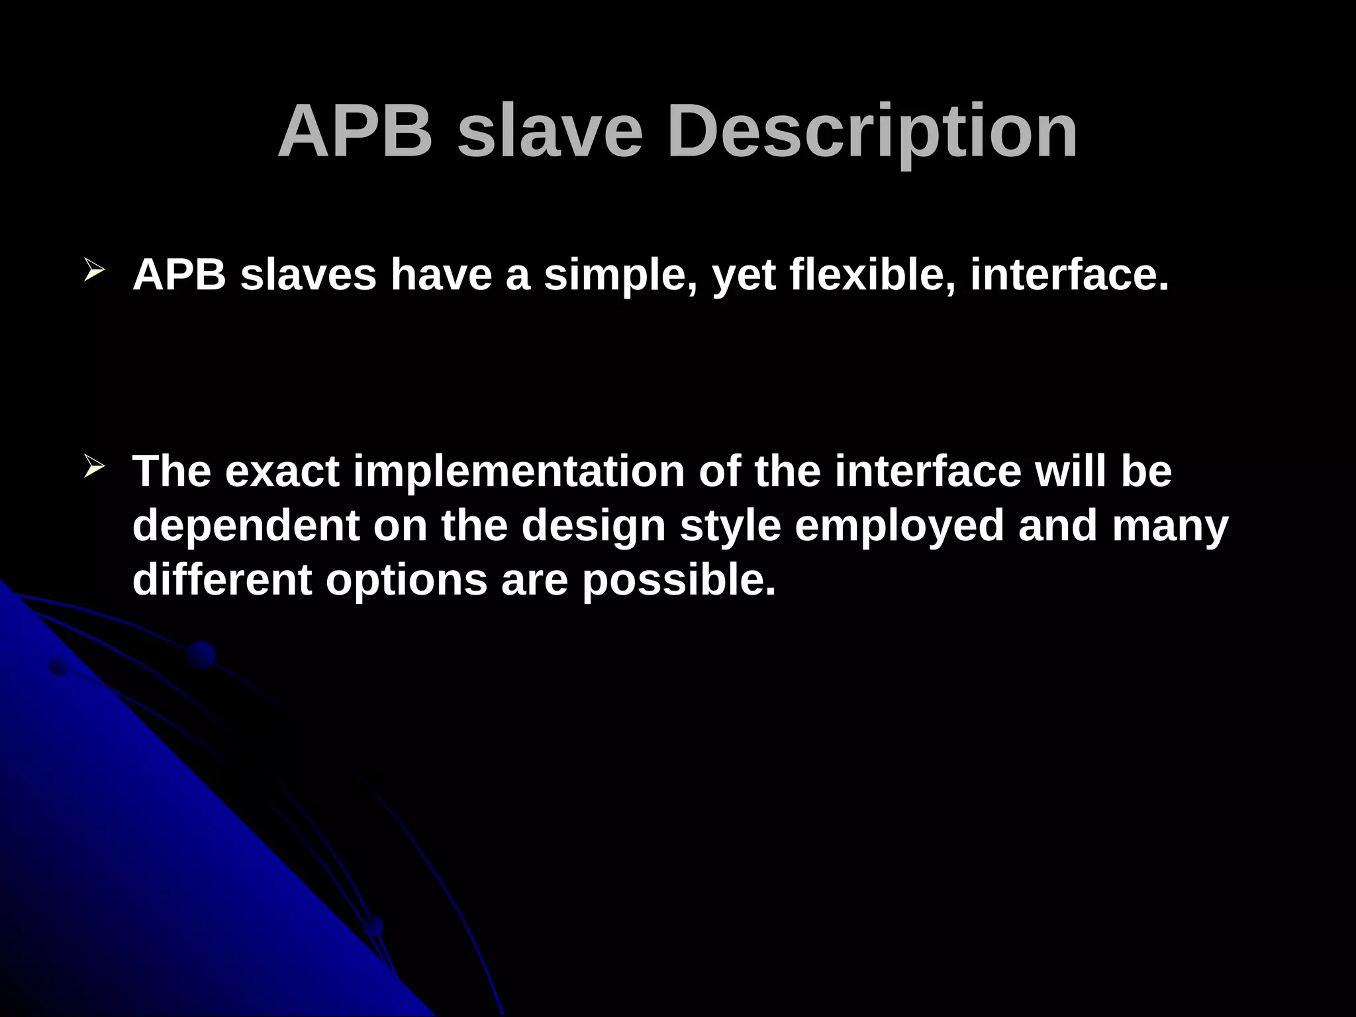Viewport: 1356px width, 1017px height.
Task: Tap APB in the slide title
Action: [355, 132]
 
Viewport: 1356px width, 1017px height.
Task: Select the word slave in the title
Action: [550, 132]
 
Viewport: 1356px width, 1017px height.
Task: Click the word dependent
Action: [246, 526]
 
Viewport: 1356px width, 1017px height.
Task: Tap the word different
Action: [222, 579]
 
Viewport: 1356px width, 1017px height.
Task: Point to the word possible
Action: [678, 579]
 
